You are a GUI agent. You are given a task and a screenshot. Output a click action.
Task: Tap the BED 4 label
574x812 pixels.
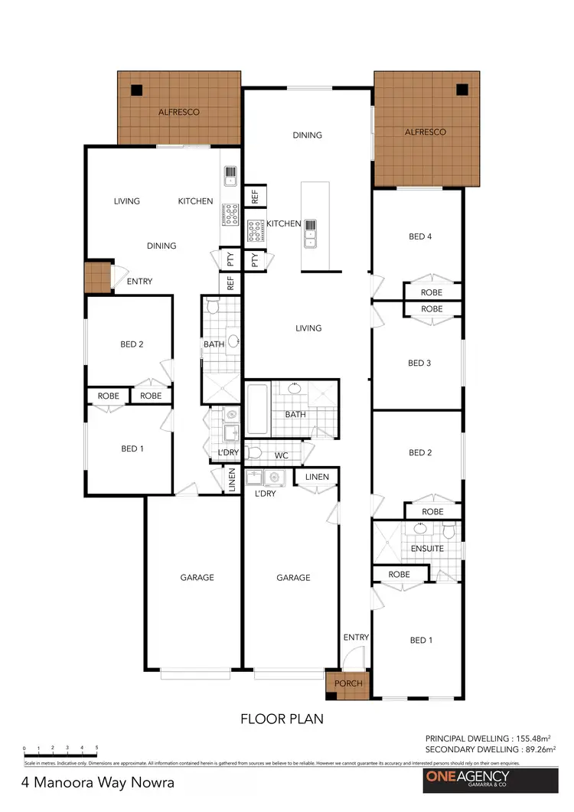click(420, 236)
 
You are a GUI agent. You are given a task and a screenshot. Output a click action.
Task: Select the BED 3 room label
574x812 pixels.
click(419, 363)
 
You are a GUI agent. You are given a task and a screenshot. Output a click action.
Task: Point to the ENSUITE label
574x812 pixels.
click(426, 549)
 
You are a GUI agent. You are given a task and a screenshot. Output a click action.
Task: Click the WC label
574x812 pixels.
click(282, 455)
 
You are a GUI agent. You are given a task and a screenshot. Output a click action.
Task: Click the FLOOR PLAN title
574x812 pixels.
click(282, 719)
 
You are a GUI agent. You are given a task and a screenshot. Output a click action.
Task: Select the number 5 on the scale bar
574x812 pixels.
click(96, 748)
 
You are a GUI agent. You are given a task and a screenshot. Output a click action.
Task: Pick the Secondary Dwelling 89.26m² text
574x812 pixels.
click(491, 749)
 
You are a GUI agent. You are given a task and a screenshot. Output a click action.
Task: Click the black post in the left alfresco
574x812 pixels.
click(136, 90)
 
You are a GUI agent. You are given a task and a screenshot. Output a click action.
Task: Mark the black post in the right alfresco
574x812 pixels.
click(461, 90)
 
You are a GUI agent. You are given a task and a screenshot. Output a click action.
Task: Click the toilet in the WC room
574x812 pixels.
click(256, 452)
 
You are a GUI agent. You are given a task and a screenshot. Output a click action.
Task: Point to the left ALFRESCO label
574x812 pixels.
click(179, 113)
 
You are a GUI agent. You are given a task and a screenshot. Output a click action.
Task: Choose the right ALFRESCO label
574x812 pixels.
click(425, 132)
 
